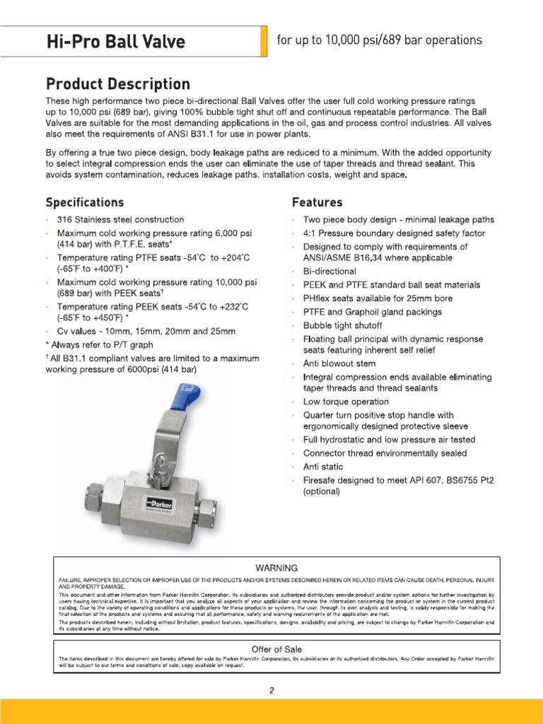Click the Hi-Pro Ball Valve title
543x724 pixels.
pos(115,42)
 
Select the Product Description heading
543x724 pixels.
pos(118,84)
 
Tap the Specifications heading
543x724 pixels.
pos(85,202)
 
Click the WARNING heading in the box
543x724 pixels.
pos(276,567)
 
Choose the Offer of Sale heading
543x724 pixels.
pos(276,649)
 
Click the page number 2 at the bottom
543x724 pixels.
pos(271,691)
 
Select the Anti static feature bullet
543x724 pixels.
pos(323,467)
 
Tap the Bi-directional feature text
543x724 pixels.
pos(329,271)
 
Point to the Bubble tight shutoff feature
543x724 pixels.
pos(343,325)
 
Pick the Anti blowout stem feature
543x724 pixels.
pos(339,363)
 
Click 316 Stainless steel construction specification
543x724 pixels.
pos(120,220)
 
